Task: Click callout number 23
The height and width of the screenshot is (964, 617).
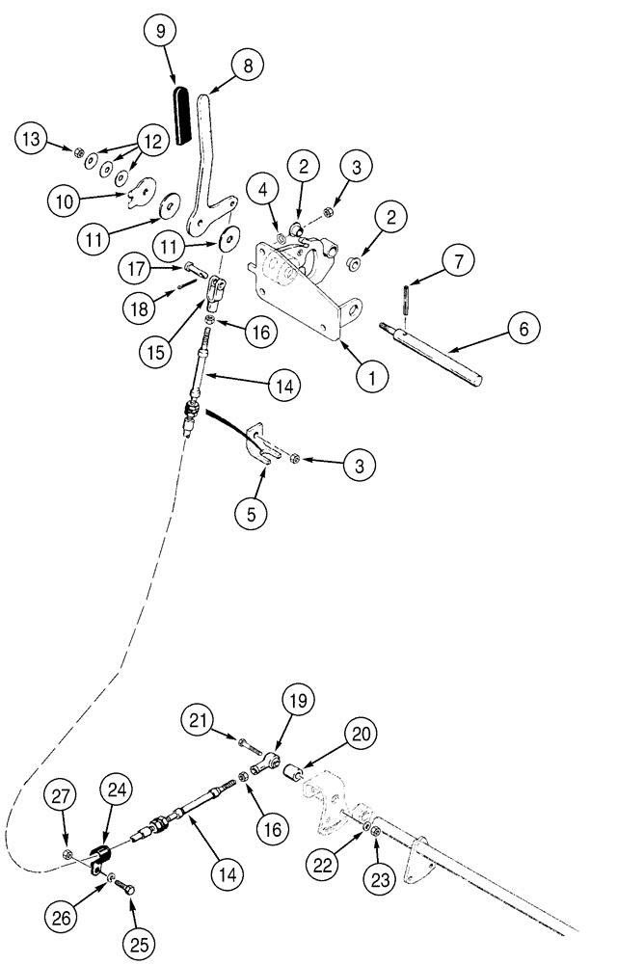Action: click(x=377, y=879)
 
